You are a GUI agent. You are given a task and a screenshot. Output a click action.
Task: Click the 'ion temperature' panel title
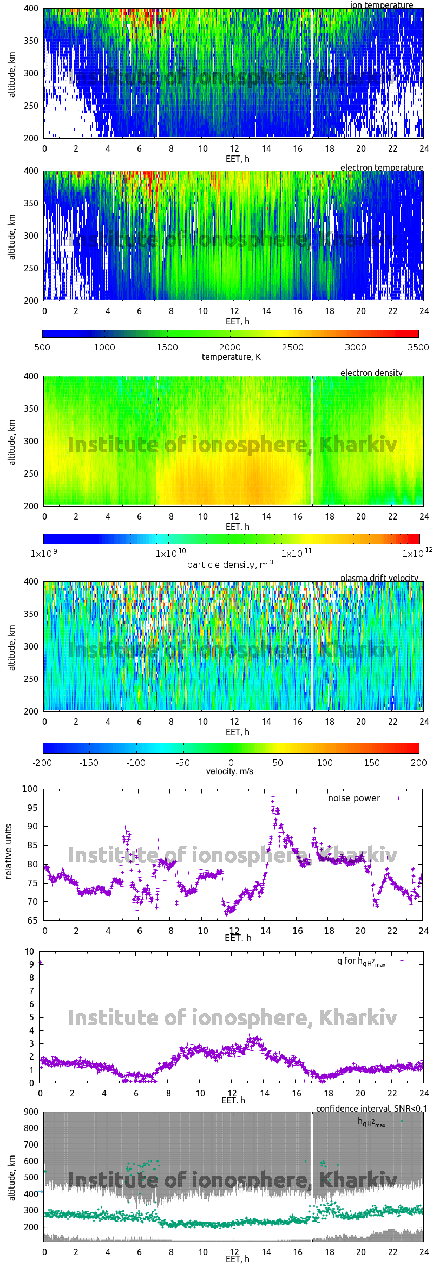[x=381, y=5]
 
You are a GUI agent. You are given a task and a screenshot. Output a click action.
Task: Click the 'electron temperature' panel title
[x=382, y=167]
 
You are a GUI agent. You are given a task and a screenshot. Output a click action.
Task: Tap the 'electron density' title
[x=371, y=373]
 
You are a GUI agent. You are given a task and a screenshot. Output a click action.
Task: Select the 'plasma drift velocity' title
[x=379, y=578]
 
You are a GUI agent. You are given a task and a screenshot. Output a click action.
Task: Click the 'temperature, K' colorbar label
[x=231, y=357]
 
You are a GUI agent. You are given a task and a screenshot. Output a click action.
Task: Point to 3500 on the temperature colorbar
[x=418, y=347]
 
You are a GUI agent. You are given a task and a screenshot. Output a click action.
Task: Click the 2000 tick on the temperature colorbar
[x=230, y=347]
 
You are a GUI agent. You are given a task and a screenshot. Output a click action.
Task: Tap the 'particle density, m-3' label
[x=230, y=564]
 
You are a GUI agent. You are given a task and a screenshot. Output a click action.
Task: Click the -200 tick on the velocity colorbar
[x=42, y=763]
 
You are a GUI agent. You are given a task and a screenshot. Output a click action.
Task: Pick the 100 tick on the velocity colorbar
[x=325, y=763]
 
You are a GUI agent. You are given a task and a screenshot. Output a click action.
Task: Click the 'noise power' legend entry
[x=354, y=798]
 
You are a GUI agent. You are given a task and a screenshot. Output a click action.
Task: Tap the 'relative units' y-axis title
[x=8, y=852]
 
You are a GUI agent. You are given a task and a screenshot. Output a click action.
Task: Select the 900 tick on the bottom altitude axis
[x=31, y=1112]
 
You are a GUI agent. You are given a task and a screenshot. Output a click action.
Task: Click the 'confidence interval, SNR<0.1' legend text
[x=371, y=1108]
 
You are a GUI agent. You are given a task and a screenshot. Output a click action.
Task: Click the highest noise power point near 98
[x=273, y=797]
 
